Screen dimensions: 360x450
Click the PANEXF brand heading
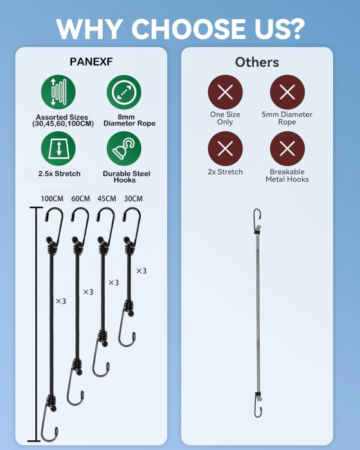pyautogui.click(x=91, y=62)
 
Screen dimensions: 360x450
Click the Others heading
pyautogui.click(x=257, y=62)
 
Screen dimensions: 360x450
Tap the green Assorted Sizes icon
pyautogui.click(x=59, y=92)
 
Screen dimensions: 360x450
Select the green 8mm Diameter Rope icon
pyautogui.click(x=124, y=92)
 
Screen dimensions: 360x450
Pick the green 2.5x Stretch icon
pyautogui.click(x=59, y=148)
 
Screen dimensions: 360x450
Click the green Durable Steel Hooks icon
pyautogui.click(x=124, y=148)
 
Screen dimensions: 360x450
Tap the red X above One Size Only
pyautogui.click(x=226, y=92)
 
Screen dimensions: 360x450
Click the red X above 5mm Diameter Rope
pyautogui.click(x=287, y=92)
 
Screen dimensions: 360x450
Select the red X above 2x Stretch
pyautogui.click(x=226, y=148)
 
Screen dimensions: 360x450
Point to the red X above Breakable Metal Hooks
pyautogui.click(x=287, y=148)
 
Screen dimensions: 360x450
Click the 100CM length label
pyautogui.click(x=52, y=199)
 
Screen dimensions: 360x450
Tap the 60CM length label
pyautogui.click(x=80, y=199)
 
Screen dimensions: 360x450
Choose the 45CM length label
pyautogui.click(x=107, y=199)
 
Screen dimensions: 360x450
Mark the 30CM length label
pyautogui.click(x=133, y=199)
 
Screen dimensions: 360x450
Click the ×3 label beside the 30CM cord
pyautogui.click(x=141, y=271)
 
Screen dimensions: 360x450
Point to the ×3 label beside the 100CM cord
pyautogui.click(x=61, y=301)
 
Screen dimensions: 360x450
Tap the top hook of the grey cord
pyautogui.click(x=258, y=217)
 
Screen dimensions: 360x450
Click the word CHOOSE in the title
pyautogui.click(x=188, y=29)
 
